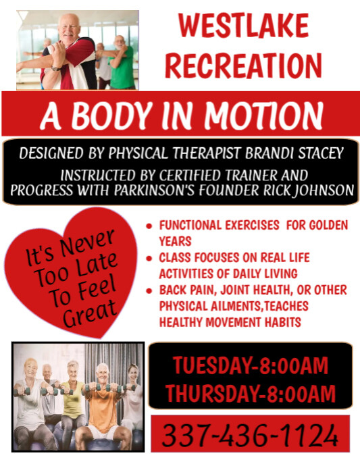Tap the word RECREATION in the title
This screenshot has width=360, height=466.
click(x=244, y=65)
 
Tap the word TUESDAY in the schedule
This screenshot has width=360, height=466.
click(x=211, y=366)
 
